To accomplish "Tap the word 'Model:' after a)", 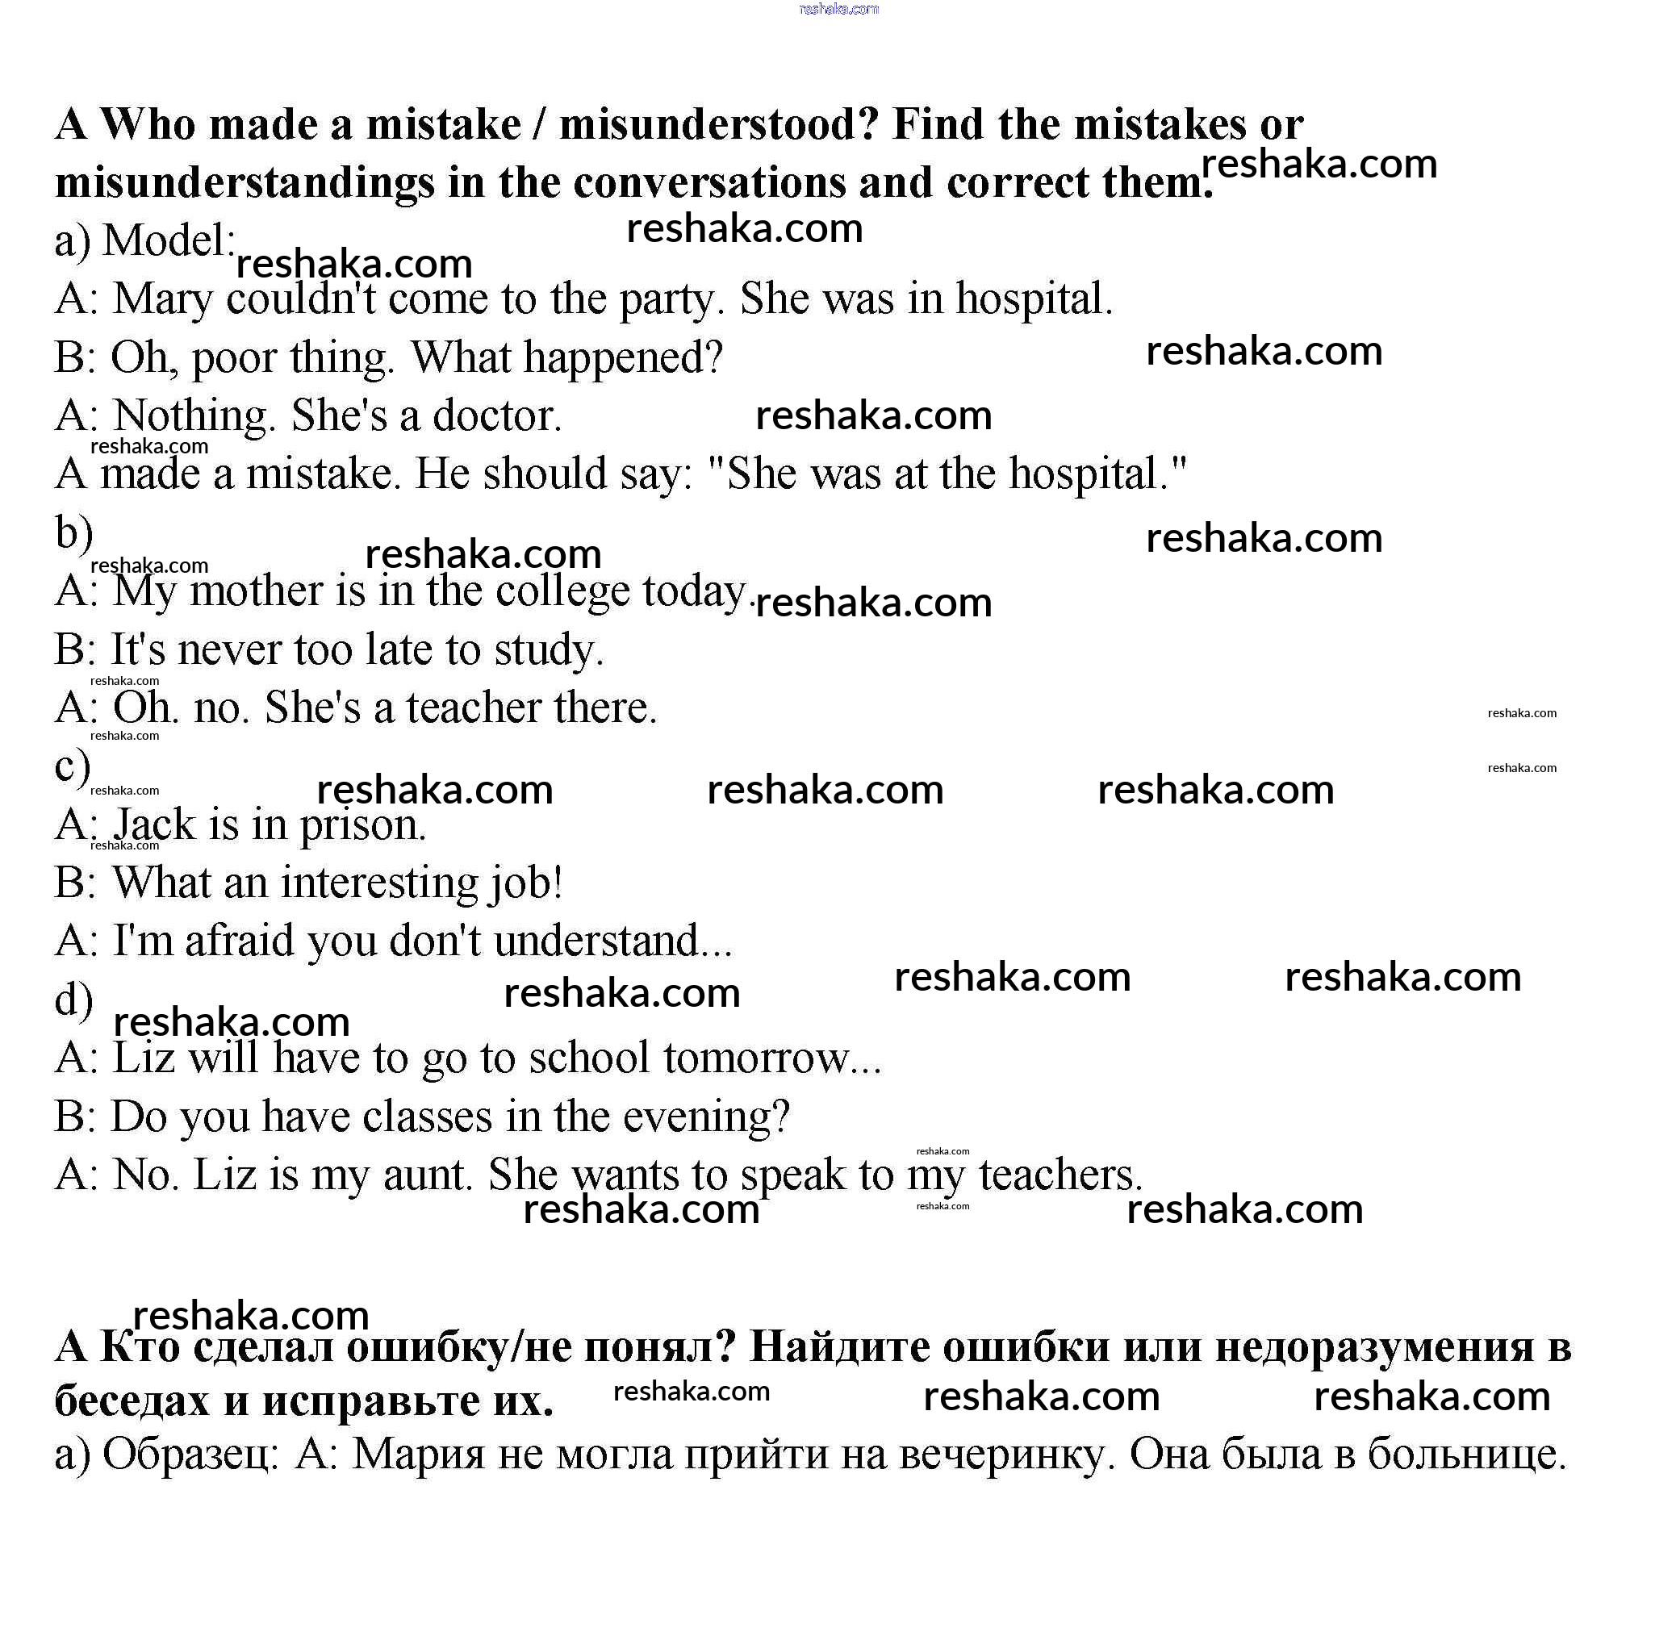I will click(169, 240).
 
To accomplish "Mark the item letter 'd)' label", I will click(74, 1000).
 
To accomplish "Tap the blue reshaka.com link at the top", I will click(838, 10).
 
